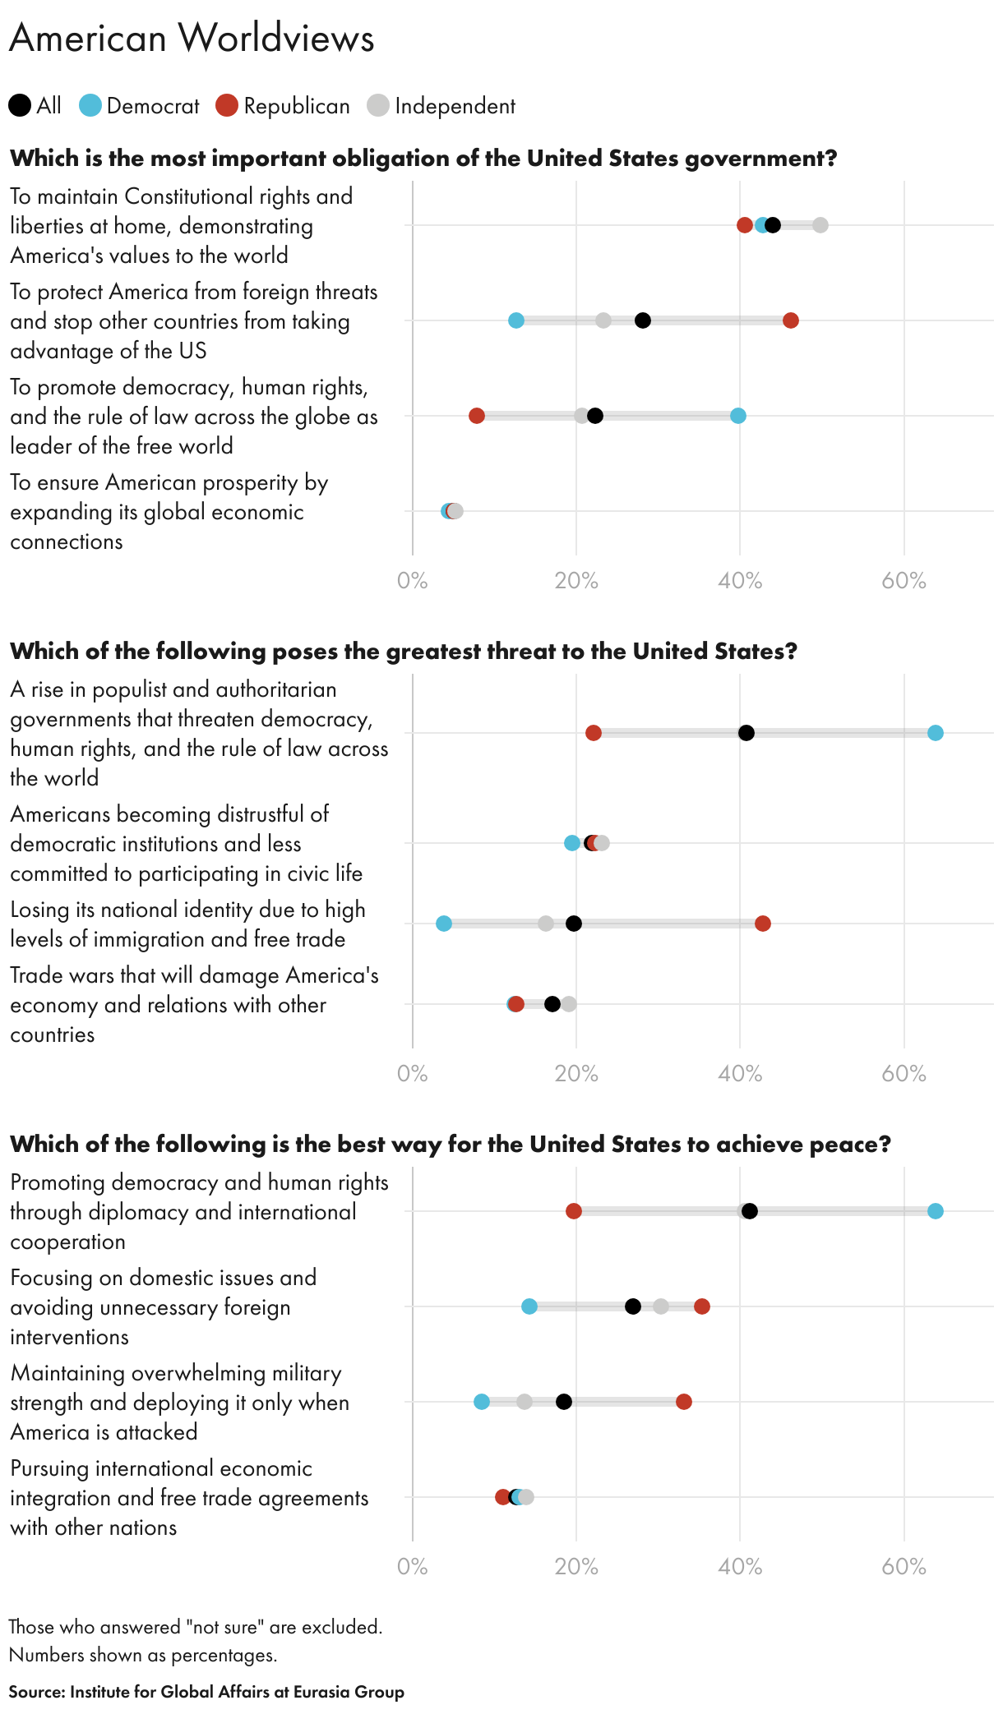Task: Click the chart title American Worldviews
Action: click(x=192, y=38)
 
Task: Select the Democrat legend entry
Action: click(x=140, y=106)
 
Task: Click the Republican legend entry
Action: click(x=283, y=106)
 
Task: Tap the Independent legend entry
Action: click(x=441, y=106)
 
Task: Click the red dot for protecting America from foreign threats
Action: click(x=790, y=320)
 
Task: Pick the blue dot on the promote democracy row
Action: click(x=738, y=416)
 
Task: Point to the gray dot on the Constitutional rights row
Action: click(x=820, y=225)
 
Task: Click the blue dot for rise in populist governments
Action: click(x=935, y=733)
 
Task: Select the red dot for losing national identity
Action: click(x=763, y=924)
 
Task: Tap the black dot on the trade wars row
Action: click(x=552, y=1004)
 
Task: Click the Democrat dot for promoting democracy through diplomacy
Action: click(x=935, y=1211)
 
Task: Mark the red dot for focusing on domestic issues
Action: click(x=701, y=1306)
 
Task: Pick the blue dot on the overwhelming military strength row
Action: click(x=482, y=1402)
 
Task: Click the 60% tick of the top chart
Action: click(x=904, y=581)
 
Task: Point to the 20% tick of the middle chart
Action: click(x=575, y=1074)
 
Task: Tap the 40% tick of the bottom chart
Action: click(x=740, y=1567)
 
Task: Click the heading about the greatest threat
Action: click(x=403, y=652)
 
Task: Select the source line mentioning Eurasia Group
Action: click(x=206, y=1692)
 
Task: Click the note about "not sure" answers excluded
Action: click(x=195, y=1627)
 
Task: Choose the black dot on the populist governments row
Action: click(x=746, y=733)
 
